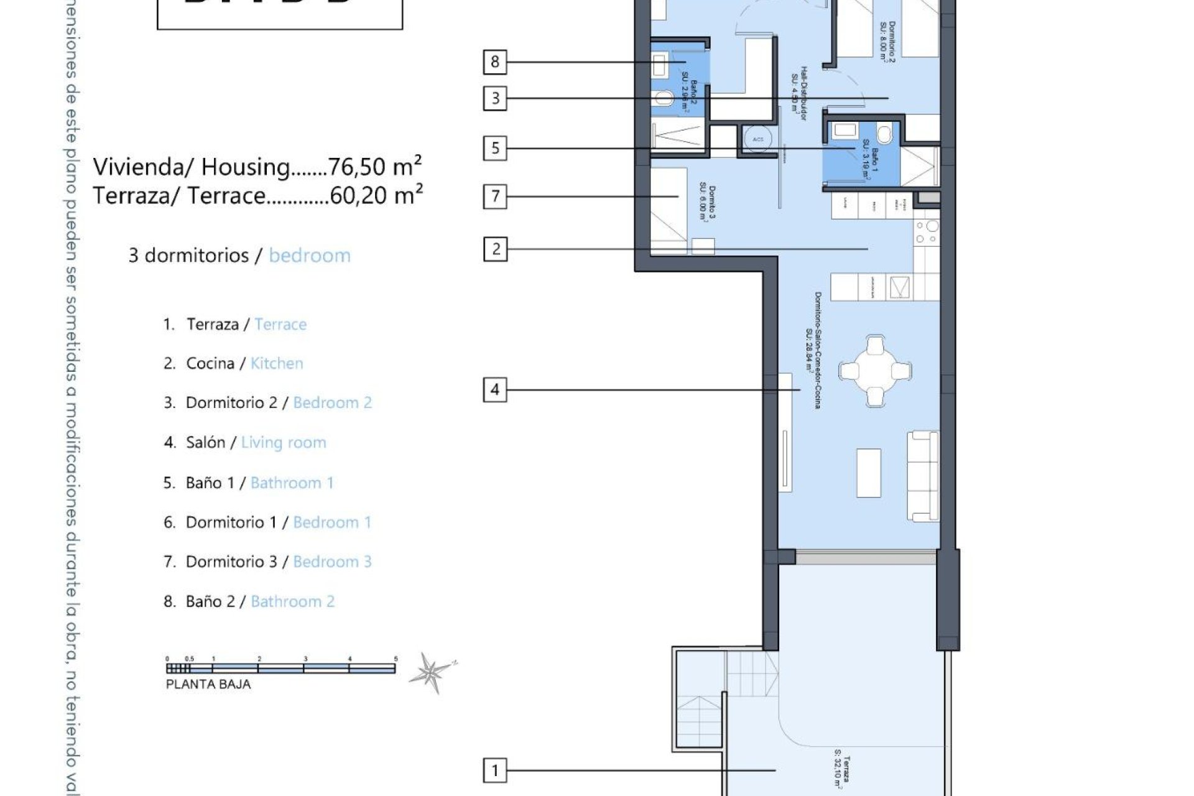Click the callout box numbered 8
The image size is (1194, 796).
coord(495,62)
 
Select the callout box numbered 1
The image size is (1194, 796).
coord(495,771)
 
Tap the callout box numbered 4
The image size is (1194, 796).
coord(495,390)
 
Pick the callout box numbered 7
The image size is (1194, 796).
coord(495,197)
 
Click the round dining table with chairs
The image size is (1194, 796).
coord(875,371)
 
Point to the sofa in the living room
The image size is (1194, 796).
coord(923,476)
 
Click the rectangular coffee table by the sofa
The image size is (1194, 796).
coord(869,473)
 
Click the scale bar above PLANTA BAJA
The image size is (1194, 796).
coord(280,669)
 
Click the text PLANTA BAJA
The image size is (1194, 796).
coord(208,685)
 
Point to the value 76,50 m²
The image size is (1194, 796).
coord(375,167)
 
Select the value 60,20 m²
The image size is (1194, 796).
coord(376,195)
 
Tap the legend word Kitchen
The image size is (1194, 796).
coord(277,363)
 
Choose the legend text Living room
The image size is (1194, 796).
coord(284,443)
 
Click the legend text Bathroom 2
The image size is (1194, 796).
coord(292,601)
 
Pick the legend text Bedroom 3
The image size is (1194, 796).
coord(332,562)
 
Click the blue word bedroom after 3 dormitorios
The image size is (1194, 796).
coord(310,256)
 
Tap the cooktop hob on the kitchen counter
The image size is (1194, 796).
coord(927,233)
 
